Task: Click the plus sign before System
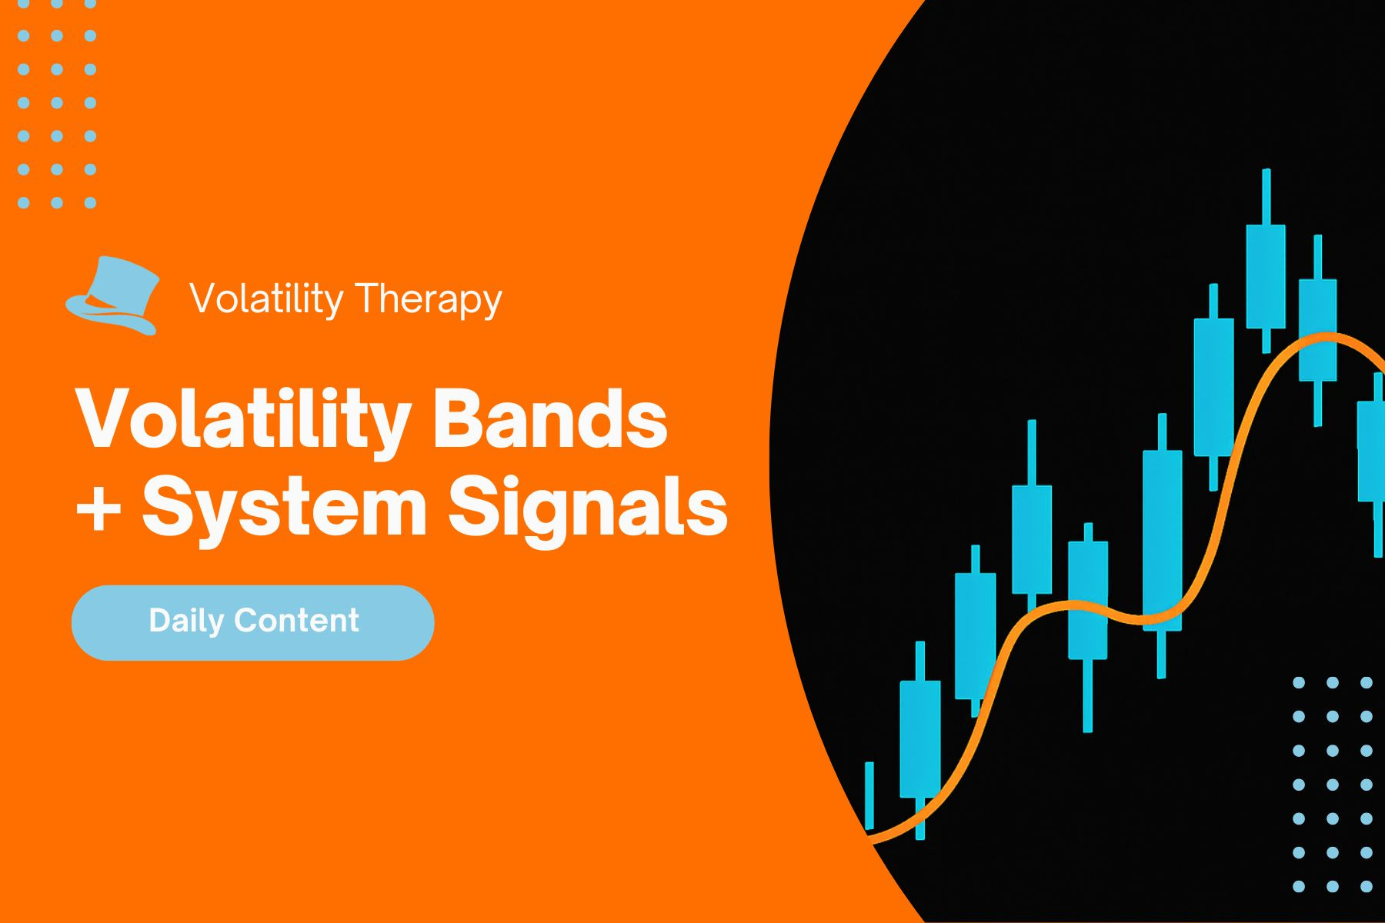[x=98, y=508]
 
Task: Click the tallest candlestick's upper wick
[x=1266, y=196]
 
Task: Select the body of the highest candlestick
[x=1266, y=277]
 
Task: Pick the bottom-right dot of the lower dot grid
[x=1367, y=886]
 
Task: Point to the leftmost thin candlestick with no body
[x=869, y=796]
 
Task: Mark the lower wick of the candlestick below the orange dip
[x=1087, y=696]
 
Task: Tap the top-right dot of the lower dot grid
[x=1367, y=682]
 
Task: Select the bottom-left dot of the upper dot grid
[x=23, y=203]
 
